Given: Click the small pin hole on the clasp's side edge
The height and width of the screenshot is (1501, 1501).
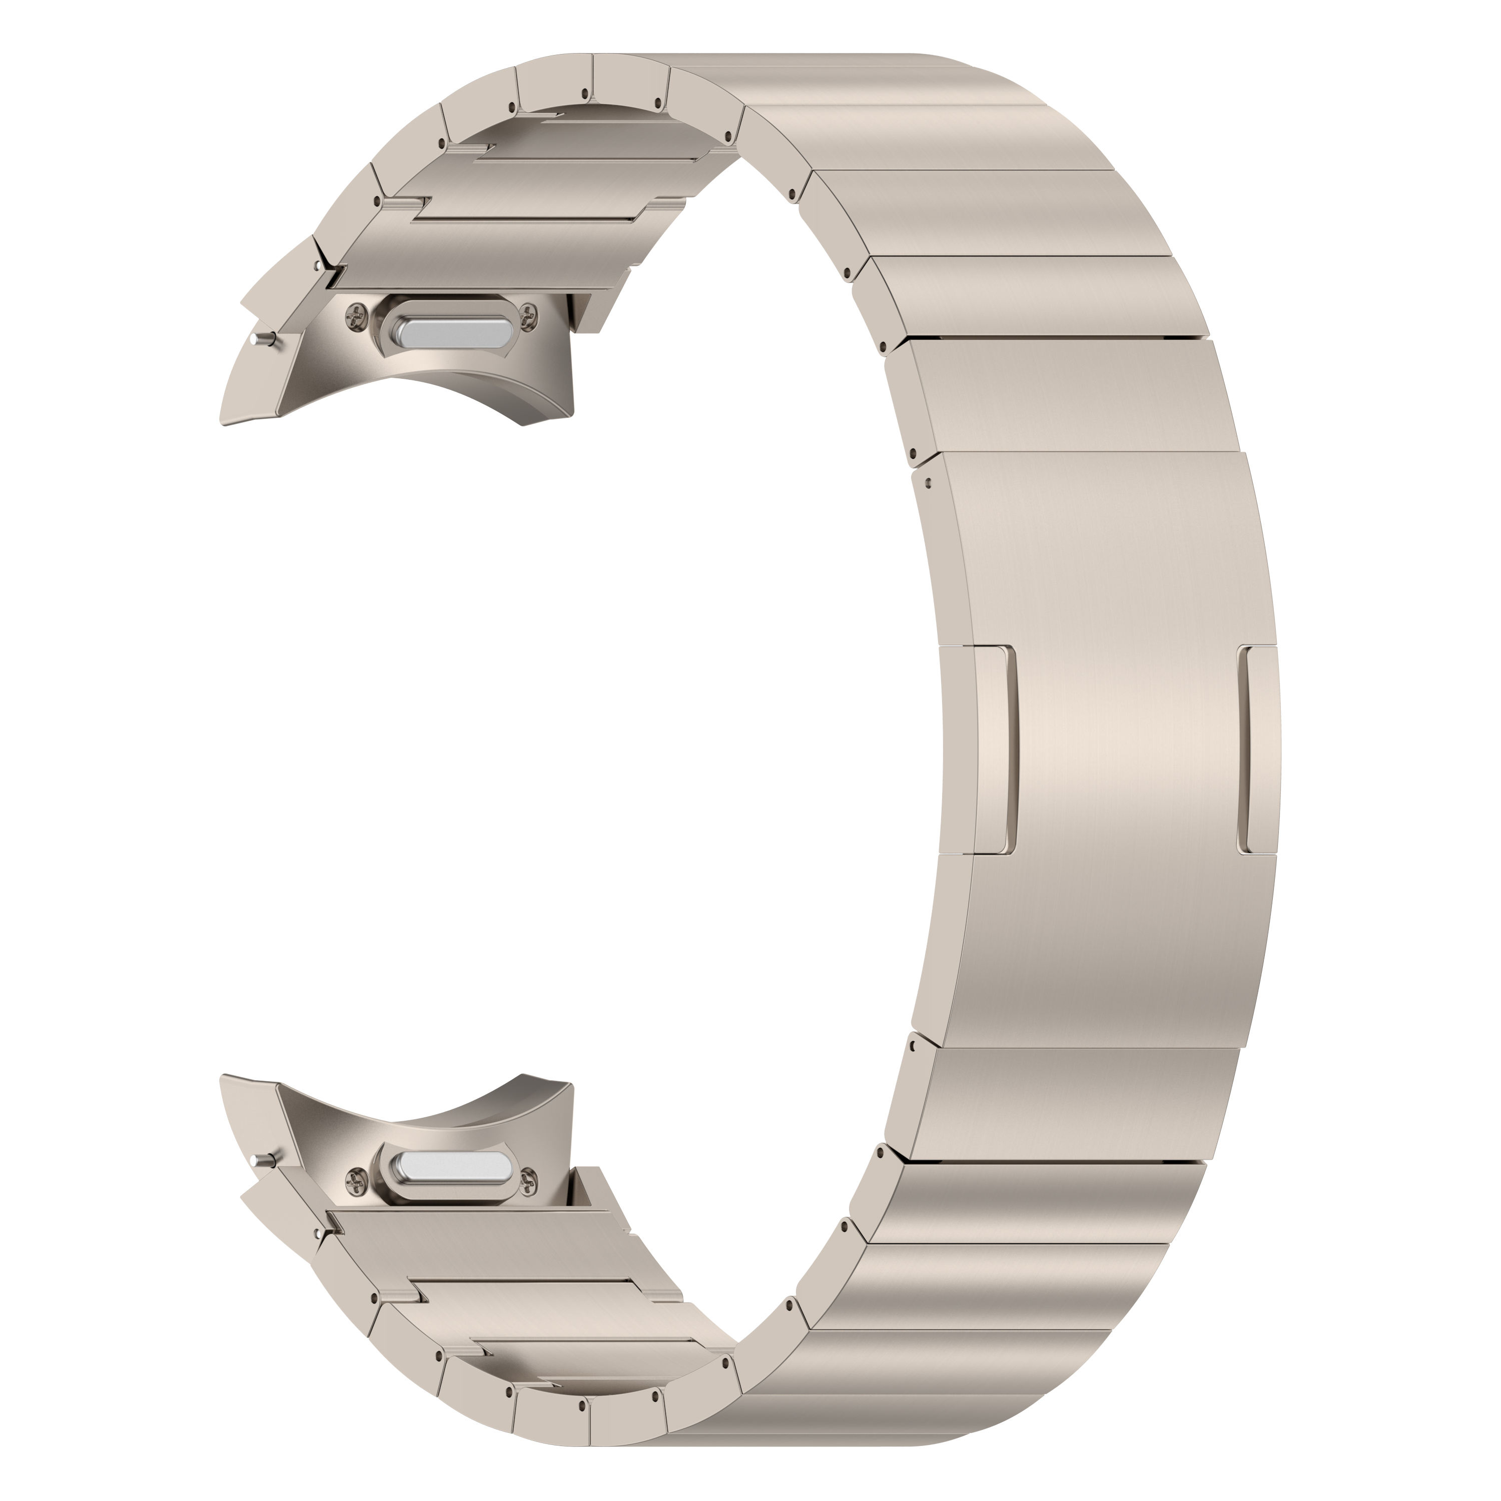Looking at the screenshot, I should coord(929,482).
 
